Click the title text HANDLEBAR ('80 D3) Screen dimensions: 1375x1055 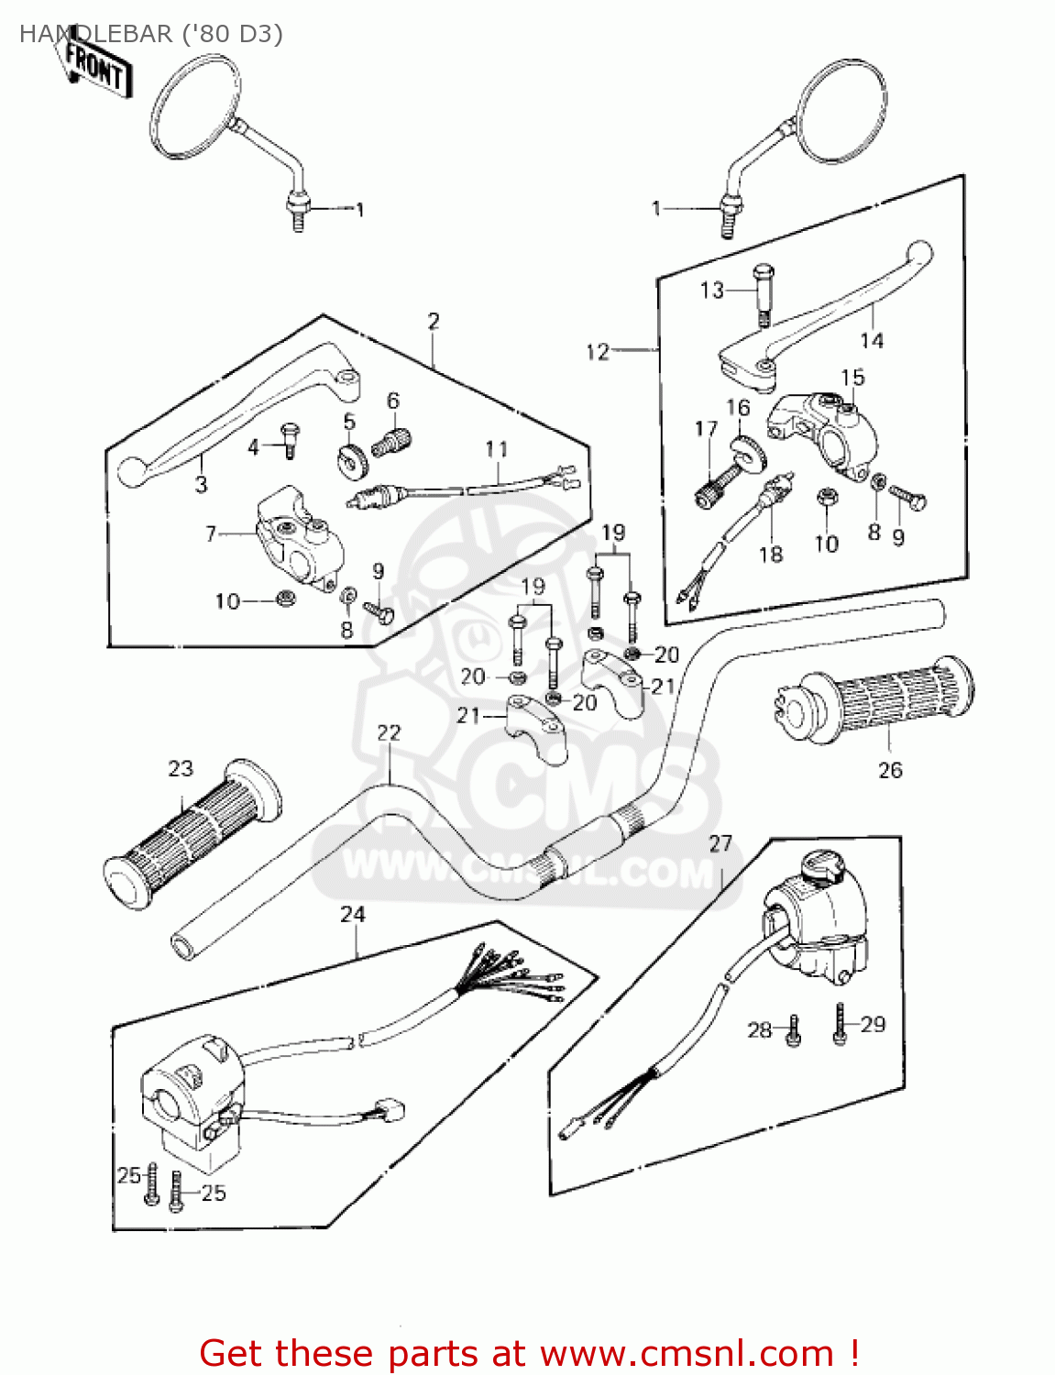click(x=151, y=34)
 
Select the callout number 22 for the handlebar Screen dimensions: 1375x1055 click(x=389, y=732)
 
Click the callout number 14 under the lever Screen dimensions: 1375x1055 click(x=872, y=340)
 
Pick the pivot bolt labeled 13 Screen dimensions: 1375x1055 click(x=763, y=291)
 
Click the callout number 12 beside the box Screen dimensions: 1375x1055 click(x=598, y=351)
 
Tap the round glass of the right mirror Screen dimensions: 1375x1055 click(x=841, y=111)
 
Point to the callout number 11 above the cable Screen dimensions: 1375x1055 click(x=496, y=449)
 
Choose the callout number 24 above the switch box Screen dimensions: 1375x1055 click(x=353, y=914)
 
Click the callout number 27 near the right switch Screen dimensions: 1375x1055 click(x=720, y=843)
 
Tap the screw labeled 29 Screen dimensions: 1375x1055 click(x=840, y=1025)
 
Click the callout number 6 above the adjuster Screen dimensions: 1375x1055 click(x=393, y=401)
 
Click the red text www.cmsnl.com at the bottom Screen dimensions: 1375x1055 click(x=687, y=1353)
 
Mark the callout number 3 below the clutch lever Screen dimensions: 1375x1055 click(x=201, y=484)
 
